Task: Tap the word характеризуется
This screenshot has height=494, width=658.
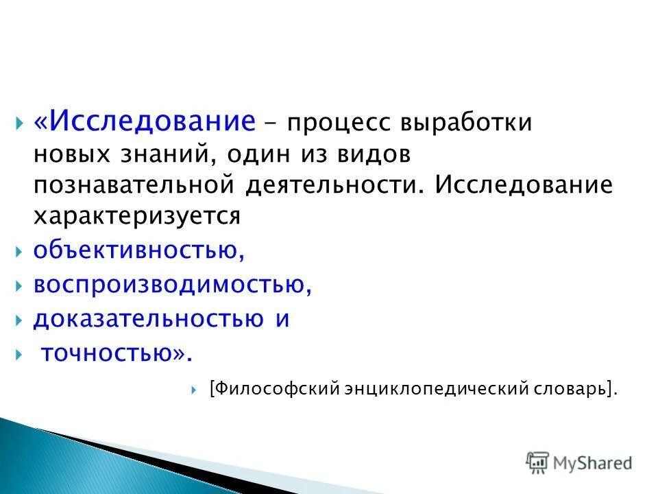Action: [137, 216]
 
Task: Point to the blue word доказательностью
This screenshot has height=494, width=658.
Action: [148, 319]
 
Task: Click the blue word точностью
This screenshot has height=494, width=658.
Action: [109, 353]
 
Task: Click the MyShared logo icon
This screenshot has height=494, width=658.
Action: [537, 463]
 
